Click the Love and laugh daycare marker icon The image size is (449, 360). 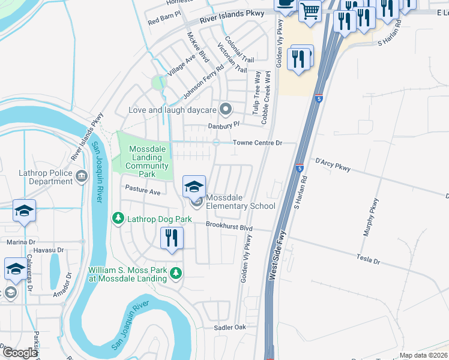click(226, 109)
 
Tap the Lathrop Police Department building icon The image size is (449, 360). click(82, 176)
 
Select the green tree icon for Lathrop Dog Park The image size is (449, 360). click(119, 218)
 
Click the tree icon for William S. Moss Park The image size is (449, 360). click(175, 274)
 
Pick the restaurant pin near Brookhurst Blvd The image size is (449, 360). click(172, 239)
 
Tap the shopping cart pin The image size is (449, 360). click(310, 10)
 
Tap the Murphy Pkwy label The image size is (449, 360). click(369, 217)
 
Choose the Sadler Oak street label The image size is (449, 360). click(231, 328)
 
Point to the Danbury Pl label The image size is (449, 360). click(223, 125)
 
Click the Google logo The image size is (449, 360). click(20, 353)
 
